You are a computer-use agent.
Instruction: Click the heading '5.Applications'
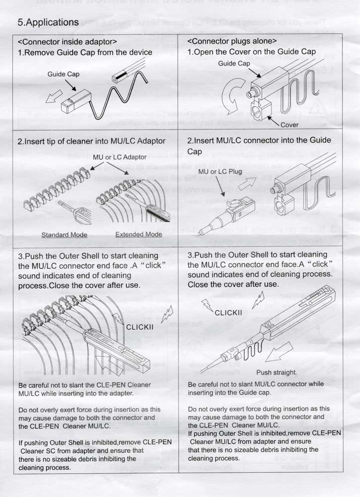click(x=48, y=22)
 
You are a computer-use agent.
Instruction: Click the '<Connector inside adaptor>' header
click(x=67, y=42)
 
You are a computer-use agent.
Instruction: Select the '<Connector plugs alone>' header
click(x=232, y=41)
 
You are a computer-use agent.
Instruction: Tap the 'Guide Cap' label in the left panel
click(x=64, y=74)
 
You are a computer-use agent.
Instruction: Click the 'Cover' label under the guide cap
click(x=289, y=125)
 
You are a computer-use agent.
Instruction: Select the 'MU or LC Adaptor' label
click(x=119, y=157)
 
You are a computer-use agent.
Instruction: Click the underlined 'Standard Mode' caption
click(x=64, y=235)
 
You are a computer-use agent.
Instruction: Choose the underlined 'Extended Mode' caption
click(x=139, y=235)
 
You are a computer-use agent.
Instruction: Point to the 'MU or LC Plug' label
click(x=220, y=172)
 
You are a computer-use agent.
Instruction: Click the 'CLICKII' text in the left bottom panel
click(x=140, y=327)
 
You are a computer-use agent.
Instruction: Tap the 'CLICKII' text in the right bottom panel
click(x=228, y=313)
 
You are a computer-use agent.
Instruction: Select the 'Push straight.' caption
click(x=276, y=372)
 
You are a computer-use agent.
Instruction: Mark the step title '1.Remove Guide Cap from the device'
click(x=85, y=53)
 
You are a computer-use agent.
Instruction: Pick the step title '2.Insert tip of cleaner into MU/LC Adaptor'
click(x=91, y=141)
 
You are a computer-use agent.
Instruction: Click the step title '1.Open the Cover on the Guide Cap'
click(x=252, y=52)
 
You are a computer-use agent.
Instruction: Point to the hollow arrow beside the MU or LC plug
click(x=247, y=183)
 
